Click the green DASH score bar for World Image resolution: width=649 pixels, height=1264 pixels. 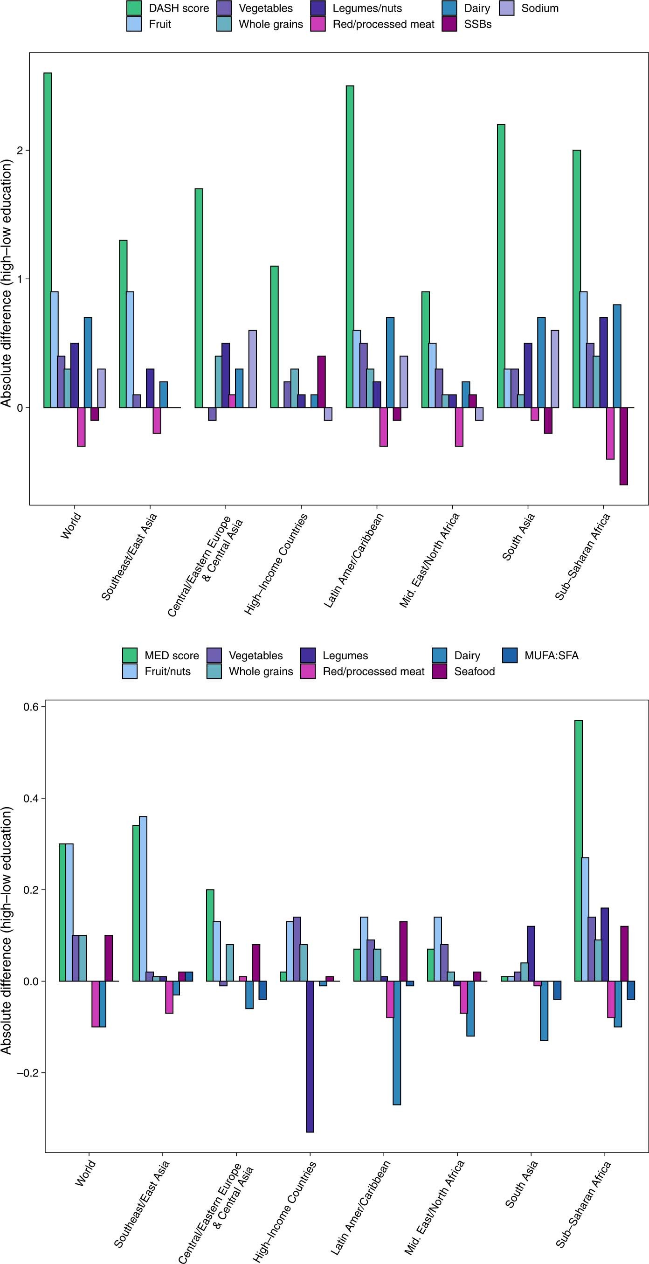[x=48, y=240]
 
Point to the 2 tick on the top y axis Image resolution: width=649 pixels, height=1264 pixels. [x=20, y=150]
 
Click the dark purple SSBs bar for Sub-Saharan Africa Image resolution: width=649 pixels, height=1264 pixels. [x=623, y=446]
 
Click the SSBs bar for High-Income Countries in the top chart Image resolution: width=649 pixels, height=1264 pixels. [x=321, y=381]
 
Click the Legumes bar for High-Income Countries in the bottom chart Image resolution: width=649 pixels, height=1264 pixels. [x=310, y=1057]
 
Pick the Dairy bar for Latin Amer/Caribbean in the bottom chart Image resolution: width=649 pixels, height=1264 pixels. [x=396, y=1043]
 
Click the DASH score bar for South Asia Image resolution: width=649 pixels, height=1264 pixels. [x=501, y=265]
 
